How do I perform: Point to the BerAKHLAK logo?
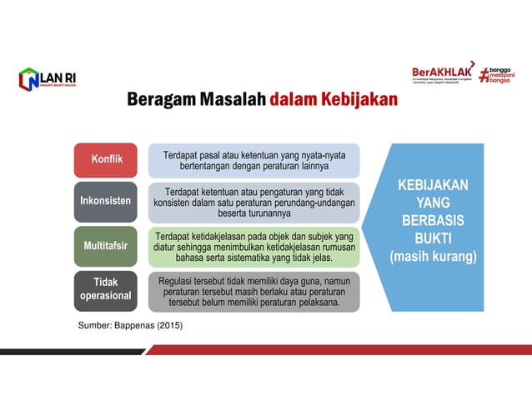(x=442, y=73)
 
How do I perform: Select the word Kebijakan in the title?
(x=357, y=100)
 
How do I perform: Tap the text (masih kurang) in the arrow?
(x=433, y=258)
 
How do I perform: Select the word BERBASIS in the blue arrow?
(x=433, y=221)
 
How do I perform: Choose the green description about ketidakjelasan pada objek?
(x=253, y=247)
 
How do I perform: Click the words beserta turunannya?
(x=253, y=213)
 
